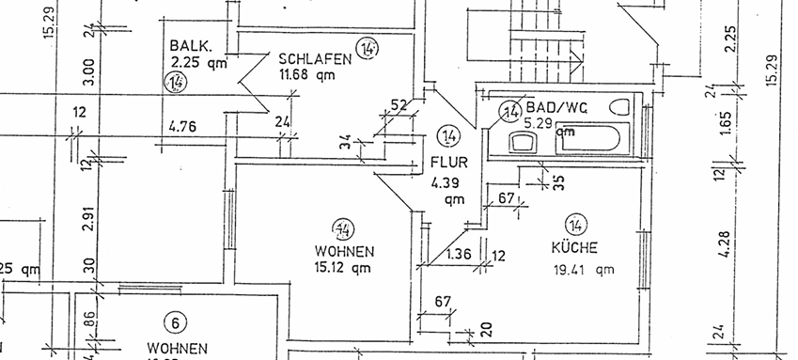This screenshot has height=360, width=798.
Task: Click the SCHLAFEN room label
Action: pos(314,58)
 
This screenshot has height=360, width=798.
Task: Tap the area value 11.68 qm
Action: pos(306,74)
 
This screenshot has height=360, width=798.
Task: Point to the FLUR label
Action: pos(447,162)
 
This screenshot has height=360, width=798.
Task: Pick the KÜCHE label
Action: pos(574,249)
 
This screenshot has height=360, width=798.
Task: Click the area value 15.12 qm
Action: pos(345,268)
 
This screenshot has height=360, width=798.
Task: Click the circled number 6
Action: pos(173,323)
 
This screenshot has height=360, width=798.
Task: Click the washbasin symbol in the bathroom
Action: pos(523,143)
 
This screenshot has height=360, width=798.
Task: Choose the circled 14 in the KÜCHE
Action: pos(576,225)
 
